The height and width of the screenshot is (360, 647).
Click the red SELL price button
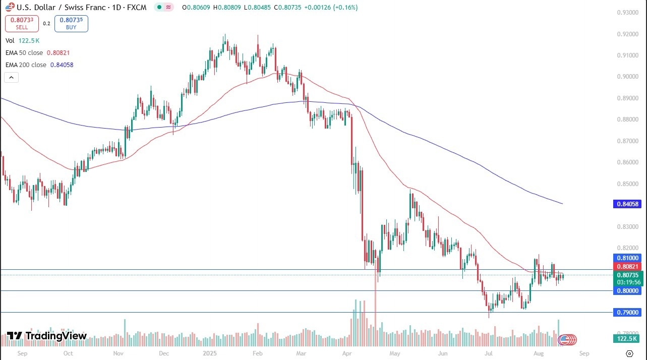(x=22, y=23)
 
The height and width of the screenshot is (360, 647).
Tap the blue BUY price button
(x=71, y=23)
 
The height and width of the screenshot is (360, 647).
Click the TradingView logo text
(x=47, y=336)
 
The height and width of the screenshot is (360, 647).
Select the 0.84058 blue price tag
(x=627, y=204)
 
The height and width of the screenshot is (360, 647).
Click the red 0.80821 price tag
(x=627, y=266)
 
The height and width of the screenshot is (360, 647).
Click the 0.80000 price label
(x=627, y=290)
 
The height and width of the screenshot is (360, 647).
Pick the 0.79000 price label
(x=627, y=313)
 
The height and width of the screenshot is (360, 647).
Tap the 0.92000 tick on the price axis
(x=627, y=34)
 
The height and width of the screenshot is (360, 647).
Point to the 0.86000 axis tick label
(x=627, y=162)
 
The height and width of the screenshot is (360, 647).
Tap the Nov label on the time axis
(x=118, y=353)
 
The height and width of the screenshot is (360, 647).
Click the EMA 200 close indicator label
(x=26, y=65)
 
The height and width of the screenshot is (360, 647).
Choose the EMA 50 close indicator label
(x=24, y=52)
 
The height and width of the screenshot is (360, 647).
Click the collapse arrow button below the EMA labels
(x=11, y=78)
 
